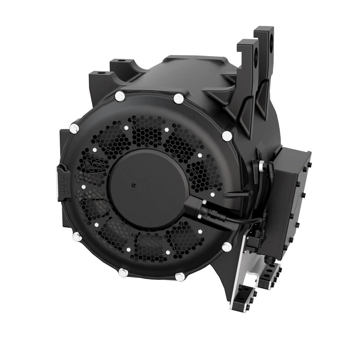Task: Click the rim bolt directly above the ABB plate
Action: (x=73, y=129)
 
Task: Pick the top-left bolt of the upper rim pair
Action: (x=119, y=96)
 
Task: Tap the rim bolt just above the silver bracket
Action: (x=226, y=247)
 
